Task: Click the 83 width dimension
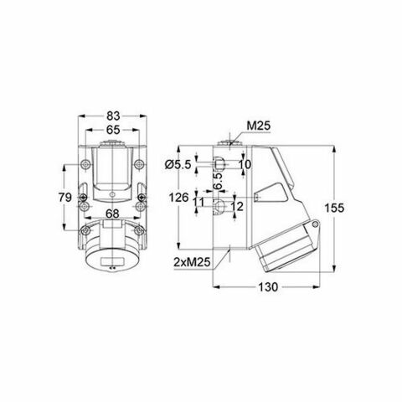[x=112, y=116]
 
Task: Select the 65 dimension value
[x=112, y=130]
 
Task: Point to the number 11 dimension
[x=198, y=202]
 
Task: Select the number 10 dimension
[x=244, y=165]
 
